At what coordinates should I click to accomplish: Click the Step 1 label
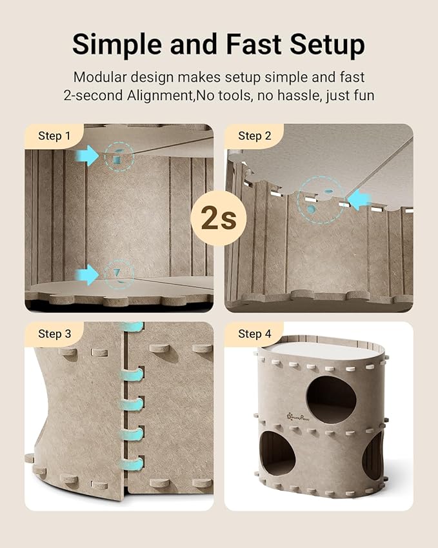tap(54, 136)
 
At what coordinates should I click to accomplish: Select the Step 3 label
tap(54, 334)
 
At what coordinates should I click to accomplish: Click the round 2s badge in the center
tap(219, 219)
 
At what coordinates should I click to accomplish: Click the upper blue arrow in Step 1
tap(86, 156)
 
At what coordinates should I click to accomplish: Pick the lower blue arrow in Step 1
tap(86, 276)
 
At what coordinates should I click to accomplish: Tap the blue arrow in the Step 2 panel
tap(359, 198)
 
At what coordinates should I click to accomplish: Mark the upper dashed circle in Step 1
tap(119, 156)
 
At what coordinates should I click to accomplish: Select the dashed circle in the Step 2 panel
tap(320, 201)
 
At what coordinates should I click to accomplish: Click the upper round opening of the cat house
tap(331, 400)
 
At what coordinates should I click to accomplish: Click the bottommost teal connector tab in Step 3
tap(133, 463)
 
